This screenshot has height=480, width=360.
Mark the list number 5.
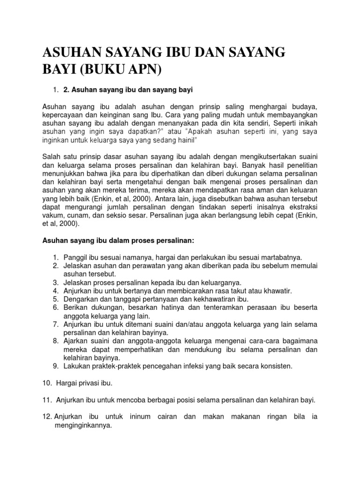55,299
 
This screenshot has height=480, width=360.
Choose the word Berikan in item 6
75,307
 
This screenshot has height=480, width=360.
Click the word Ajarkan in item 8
75,341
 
